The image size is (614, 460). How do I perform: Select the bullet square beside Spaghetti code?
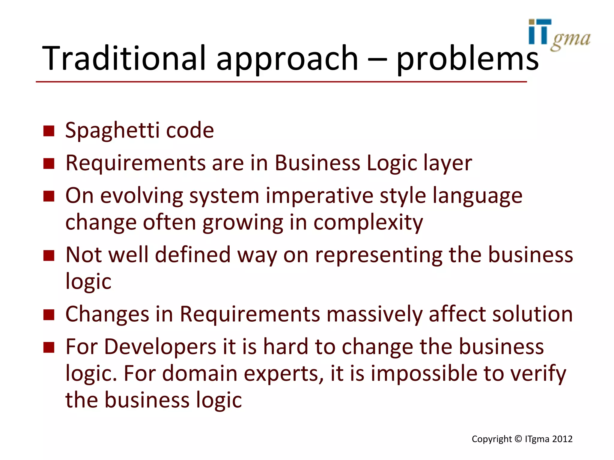pyautogui.click(x=49, y=131)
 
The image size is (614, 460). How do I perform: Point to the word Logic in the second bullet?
pyautogui.click(x=392, y=164)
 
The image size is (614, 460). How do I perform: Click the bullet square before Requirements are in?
pyautogui.click(x=49, y=164)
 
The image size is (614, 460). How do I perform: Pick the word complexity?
pyautogui.click(x=368, y=223)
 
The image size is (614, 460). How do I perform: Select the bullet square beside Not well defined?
pyautogui.click(x=49, y=256)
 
